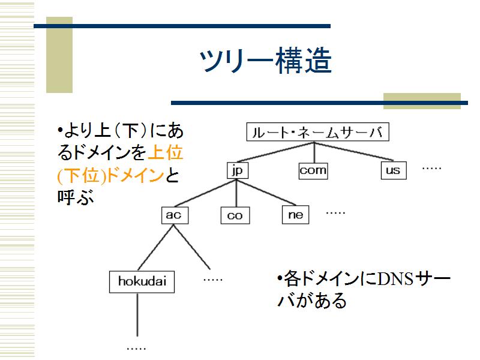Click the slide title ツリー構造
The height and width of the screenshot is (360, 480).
coord(266,61)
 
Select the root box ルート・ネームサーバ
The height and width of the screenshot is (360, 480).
coord(318,132)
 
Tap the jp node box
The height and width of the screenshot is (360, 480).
coord(237,170)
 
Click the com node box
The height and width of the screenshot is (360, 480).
coord(313,170)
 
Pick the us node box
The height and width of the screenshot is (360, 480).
coord(394,170)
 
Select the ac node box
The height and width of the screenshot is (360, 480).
coord(175,215)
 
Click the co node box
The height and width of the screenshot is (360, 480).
coord(235,215)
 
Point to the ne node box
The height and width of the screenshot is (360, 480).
coord(295,215)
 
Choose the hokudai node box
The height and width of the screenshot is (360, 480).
coord(142,281)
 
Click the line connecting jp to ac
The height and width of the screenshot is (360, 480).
coord(205,193)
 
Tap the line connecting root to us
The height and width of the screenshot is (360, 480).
coord(354,151)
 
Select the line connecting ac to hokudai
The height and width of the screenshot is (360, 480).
coord(156,248)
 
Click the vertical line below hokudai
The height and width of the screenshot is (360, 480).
coord(137,314)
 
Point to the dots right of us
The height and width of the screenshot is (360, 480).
coord(431,168)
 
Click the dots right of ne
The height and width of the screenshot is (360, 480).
coord(335,213)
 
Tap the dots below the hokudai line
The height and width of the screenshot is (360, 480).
coord(136,349)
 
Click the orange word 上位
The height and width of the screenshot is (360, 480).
coord(166,152)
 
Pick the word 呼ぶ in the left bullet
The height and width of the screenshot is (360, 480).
coord(76,197)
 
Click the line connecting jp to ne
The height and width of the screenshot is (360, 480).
coord(266,192)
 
